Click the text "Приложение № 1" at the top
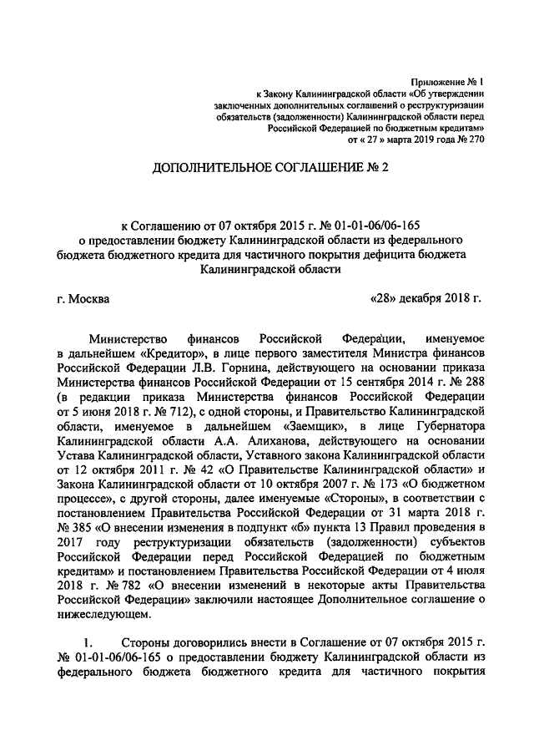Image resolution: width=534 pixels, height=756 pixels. click(x=447, y=82)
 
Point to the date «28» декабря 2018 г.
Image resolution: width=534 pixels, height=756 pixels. click(x=426, y=298)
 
